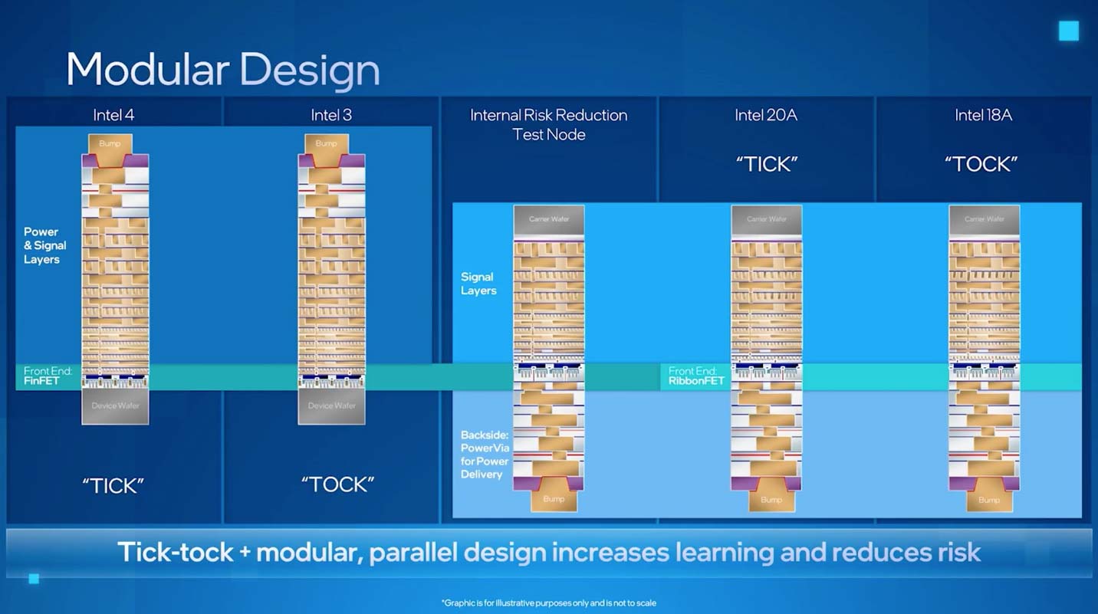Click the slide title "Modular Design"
pyautogui.click(x=222, y=70)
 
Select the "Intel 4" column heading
pyautogui.click(x=113, y=115)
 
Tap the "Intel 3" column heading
pyautogui.click(x=330, y=115)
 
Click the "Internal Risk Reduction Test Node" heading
pyautogui.click(x=548, y=124)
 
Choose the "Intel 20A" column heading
pyautogui.click(x=766, y=115)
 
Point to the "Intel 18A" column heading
pyautogui.click(x=983, y=115)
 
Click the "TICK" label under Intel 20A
pyautogui.click(x=766, y=164)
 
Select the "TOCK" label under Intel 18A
pyautogui.click(x=981, y=164)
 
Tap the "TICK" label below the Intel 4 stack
pyautogui.click(x=113, y=485)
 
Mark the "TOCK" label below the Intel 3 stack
pyautogui.click(x=337, y=484)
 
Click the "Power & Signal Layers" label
pyautogui.click(x=44, y=245)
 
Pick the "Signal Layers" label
pyautogui.click(x=478, y=284)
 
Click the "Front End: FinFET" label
pyautogui.click(x=48, y=376)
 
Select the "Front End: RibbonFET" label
pyautogui.click(x=696, y=376)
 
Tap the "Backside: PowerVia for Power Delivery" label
pyautogui.click(x=485, y=455)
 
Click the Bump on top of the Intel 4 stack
pyautogui.click(x=110, y=144)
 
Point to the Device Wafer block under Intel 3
pyautogui.click(x=331, y=406)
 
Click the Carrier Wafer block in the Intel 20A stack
pyautogui.click(x=766, y=219)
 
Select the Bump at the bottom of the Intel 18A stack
pyautogui.click(x=988, y=500)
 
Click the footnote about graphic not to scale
pyautogui.click(x=548, y=603)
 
